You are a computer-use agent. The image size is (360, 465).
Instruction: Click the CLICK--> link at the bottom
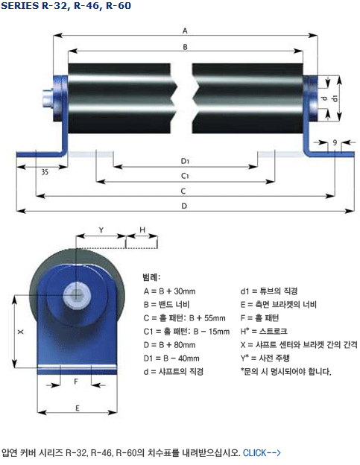[x=262, y=453]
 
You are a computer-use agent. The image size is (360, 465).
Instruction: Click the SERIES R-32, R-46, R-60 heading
[x=66, y=6]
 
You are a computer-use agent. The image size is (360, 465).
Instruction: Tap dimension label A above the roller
[x=185, y=31]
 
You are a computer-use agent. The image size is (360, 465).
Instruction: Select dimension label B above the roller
[x=185, y=47]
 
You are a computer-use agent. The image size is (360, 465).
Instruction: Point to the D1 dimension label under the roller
[x=185, y=161]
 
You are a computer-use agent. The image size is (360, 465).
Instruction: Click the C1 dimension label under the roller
[x=185, y=176]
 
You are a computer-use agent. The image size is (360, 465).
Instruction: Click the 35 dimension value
[x=45, y=172]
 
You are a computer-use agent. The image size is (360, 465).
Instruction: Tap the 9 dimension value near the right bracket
[x=335, y=142]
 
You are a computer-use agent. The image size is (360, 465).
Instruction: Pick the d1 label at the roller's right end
[x=334, y=98]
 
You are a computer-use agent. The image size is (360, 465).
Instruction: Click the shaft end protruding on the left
[x=48, y=98]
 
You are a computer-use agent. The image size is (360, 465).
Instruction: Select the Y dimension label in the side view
[x=101, y=230]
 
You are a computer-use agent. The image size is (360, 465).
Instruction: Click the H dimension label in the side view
[x=142, y=230]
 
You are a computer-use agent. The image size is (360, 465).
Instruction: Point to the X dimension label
[x=20, y=332]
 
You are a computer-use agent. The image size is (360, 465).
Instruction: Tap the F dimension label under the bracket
[x=76, y=382]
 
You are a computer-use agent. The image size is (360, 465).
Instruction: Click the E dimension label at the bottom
[x=78, y=408]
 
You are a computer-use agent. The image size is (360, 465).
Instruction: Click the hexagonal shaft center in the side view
[x=76, y=294]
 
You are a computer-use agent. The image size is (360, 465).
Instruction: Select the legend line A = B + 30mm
[x=169, y=291]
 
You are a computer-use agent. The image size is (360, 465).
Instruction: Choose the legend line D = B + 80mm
[x=169, y=345]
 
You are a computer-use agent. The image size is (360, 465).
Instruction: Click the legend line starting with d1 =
[x=268, y=291]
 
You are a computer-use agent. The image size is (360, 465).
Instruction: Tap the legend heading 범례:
[x=151, y=277]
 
